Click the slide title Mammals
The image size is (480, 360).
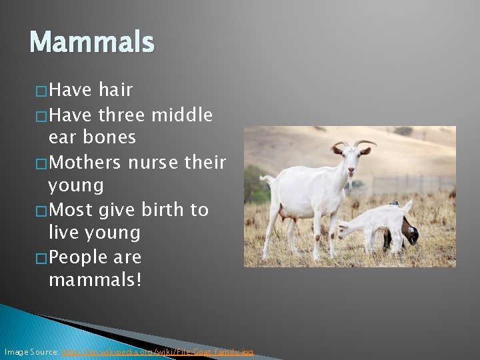coord(92,42)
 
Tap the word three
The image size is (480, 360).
coord(121,115)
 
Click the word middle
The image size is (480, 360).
coord(182,115)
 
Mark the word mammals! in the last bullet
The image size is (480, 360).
coord(95,281)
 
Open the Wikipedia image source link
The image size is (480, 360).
coord(157,351)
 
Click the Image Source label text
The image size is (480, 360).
coord(31,351)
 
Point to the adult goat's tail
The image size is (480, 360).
coord(267,180)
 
